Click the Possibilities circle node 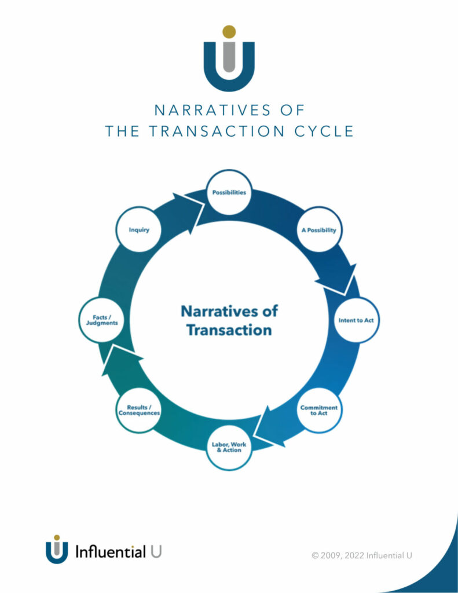pos(229,192)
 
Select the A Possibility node pos(319,229)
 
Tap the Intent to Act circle pos(356,320)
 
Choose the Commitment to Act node pos(319,411)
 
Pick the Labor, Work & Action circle pos(229,448)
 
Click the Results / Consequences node pos(139,411)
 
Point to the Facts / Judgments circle pos(102,320)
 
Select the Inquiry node pos(139,229)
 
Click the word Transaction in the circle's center pos(229,330)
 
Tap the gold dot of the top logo pos(229,32)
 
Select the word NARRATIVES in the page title pos(213,110)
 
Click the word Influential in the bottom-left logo pos(111,552)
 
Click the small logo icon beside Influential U pos(57,549)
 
